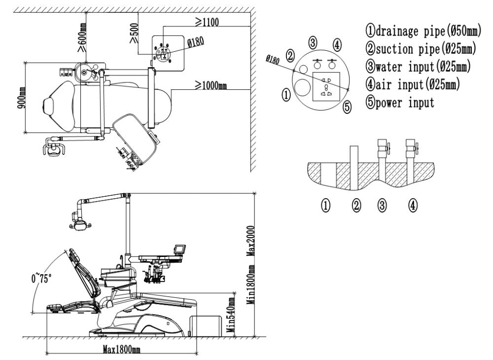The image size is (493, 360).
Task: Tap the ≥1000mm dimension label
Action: click(x=211, y=86)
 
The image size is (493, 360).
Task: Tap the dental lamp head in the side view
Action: click(x=80, y=223)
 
